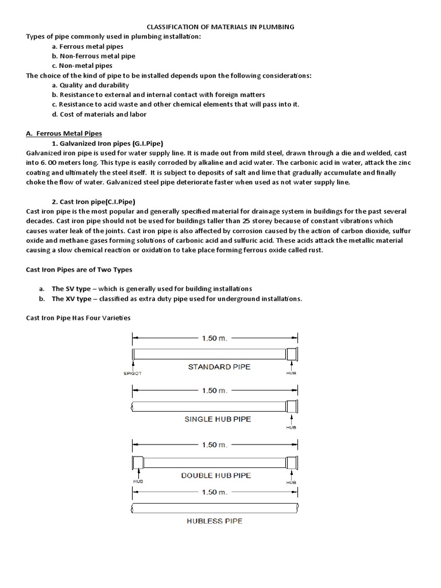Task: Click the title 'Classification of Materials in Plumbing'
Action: pos(220,26)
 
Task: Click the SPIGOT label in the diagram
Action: pos(131,373)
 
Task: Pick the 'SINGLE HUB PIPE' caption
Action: pos(218,419)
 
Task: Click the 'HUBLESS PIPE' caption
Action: pos(214,521)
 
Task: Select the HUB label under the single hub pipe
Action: pos(291,427)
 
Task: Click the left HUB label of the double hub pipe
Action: pos(138,482)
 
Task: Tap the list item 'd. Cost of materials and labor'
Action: pos(99,114)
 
